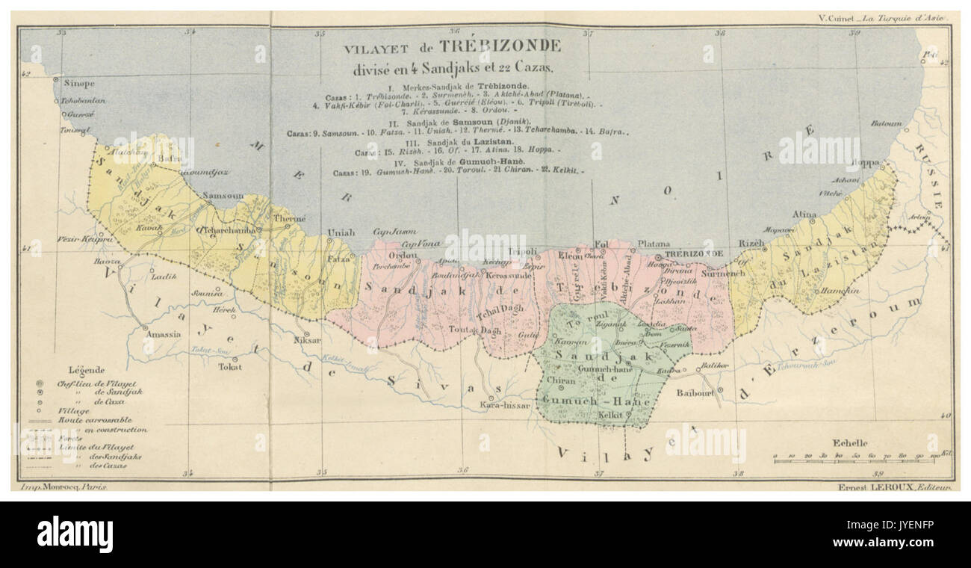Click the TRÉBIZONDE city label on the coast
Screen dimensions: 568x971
click(x=694, y=254)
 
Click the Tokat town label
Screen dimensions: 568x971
click(x=229, y=367)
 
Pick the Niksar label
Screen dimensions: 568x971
click(x=306, y=341)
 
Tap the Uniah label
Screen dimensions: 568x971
click(x=341, y=232)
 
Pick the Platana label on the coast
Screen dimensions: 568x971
click(x=654, y=244)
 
